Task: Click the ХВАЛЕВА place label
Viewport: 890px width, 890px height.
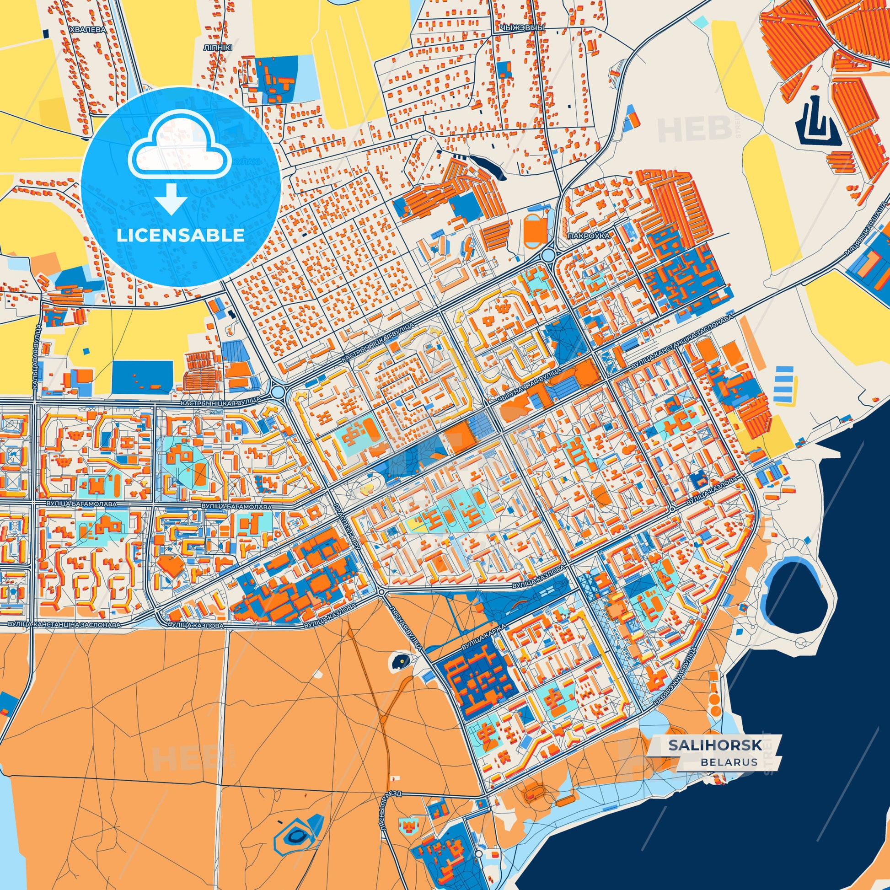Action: click(x=87, y=29)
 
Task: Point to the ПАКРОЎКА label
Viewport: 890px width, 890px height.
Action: click(x=589, y=236)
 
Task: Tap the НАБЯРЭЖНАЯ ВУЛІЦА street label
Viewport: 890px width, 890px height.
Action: click(x=676, y=685)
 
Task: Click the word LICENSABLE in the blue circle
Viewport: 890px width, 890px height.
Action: click(x=180, y=236)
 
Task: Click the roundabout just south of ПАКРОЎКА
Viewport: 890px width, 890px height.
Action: click(x=548, y=254)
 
